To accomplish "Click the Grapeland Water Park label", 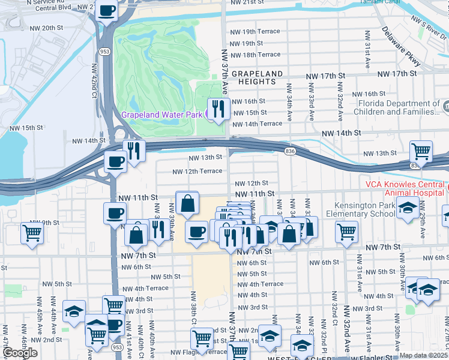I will [x=162, y=114].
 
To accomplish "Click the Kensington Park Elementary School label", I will [x=360, y=209].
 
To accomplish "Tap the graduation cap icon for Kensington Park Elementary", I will [x=408, y=209].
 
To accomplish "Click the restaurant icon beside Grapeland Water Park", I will [x=217, y=108].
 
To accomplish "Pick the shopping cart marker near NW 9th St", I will [x=32, y=233].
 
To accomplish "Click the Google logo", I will [x=20, y=353].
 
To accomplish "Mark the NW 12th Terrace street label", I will [x=197, y=171].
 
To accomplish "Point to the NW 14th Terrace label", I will [x=256, y=124].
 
